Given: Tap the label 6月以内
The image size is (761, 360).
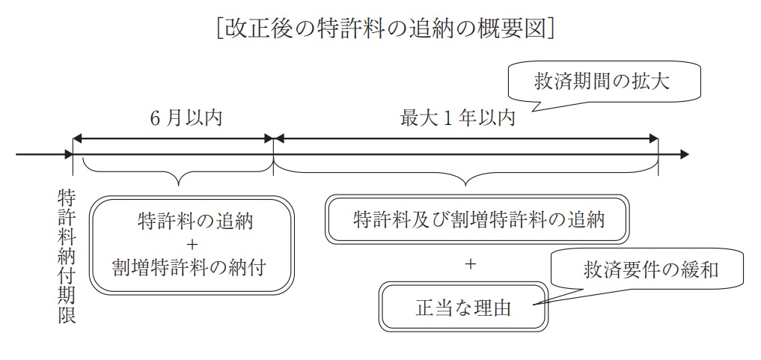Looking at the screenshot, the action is click(x=186, y=118).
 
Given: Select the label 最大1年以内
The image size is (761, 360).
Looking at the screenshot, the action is click(x=457, y=118).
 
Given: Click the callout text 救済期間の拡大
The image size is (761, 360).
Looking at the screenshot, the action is click(x=602, y=82).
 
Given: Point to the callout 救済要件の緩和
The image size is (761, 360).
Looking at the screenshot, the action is click(x=650, y=269).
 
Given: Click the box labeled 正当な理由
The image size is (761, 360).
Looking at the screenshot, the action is click(x=463, y=306).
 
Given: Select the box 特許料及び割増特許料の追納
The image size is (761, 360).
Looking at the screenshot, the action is click(x=477, y=219).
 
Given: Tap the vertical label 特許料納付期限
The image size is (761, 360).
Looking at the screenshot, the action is click(x=67, y=257).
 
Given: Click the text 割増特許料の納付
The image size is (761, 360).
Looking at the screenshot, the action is click(x=189, y=267).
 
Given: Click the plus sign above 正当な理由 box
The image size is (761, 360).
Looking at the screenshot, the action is click(x=470, y=264).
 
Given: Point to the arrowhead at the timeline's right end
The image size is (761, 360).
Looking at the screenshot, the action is click(x=685, y=155).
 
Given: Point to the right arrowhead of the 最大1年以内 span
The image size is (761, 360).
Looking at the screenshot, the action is click(x=653, y=138).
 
